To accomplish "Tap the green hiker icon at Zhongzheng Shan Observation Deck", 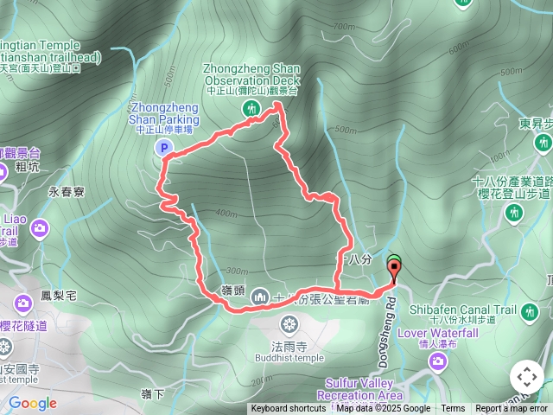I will point(251,108).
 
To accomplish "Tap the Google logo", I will point(32,403).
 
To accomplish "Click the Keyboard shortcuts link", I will point(289,409).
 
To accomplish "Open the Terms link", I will point(453,409).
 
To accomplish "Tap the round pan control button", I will point(527,377).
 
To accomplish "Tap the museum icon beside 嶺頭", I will point(258,298).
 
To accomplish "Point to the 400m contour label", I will point(227,213).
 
